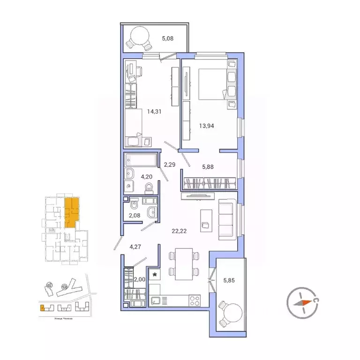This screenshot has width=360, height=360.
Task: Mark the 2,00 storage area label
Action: pos(140,280)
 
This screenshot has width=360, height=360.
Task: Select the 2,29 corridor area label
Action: pos(169,164)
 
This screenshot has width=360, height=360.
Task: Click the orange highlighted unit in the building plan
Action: pos(71,211)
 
